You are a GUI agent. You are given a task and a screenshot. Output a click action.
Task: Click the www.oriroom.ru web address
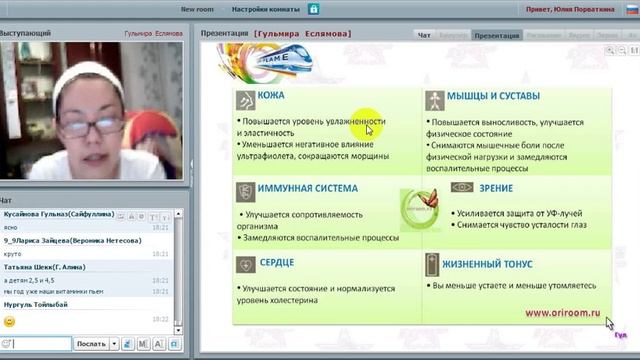[x=564, y=312]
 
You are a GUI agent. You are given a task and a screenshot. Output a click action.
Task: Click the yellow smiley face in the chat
[x=9, y=321]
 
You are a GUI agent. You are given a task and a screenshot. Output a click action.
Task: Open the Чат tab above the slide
[x=424, y=35]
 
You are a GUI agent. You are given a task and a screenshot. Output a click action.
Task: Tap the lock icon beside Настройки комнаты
[x=313, y=9]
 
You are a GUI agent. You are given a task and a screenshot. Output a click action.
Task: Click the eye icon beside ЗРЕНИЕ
[x=462, y=187]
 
